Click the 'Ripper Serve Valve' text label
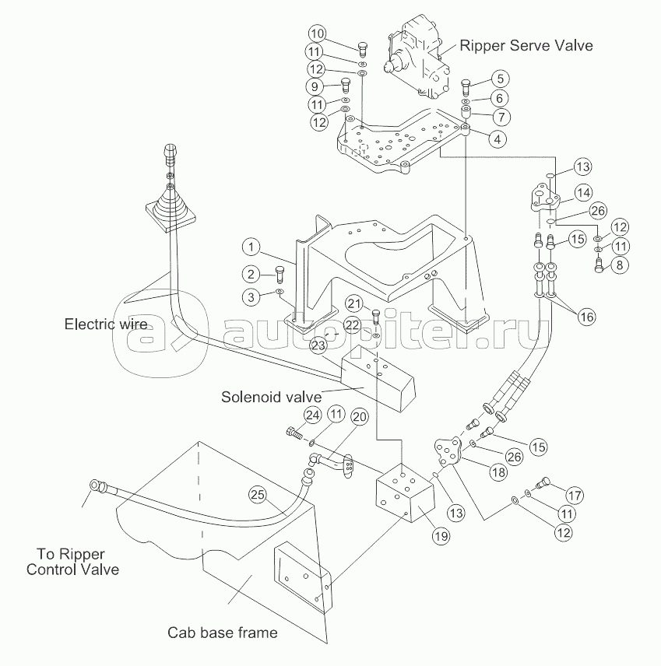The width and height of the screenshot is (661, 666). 526,45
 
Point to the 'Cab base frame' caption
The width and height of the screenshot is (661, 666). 223,632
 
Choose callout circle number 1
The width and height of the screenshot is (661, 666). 251,248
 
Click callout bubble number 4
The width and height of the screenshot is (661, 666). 495,138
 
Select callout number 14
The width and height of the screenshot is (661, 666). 583,191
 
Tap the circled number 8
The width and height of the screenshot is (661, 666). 619,265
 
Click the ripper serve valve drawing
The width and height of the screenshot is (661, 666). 416,56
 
